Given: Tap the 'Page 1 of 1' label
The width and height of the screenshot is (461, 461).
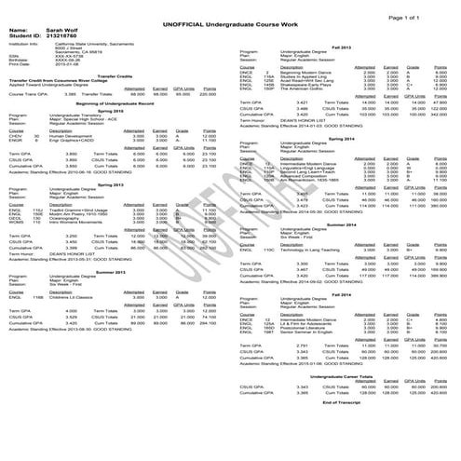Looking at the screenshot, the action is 427,6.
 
